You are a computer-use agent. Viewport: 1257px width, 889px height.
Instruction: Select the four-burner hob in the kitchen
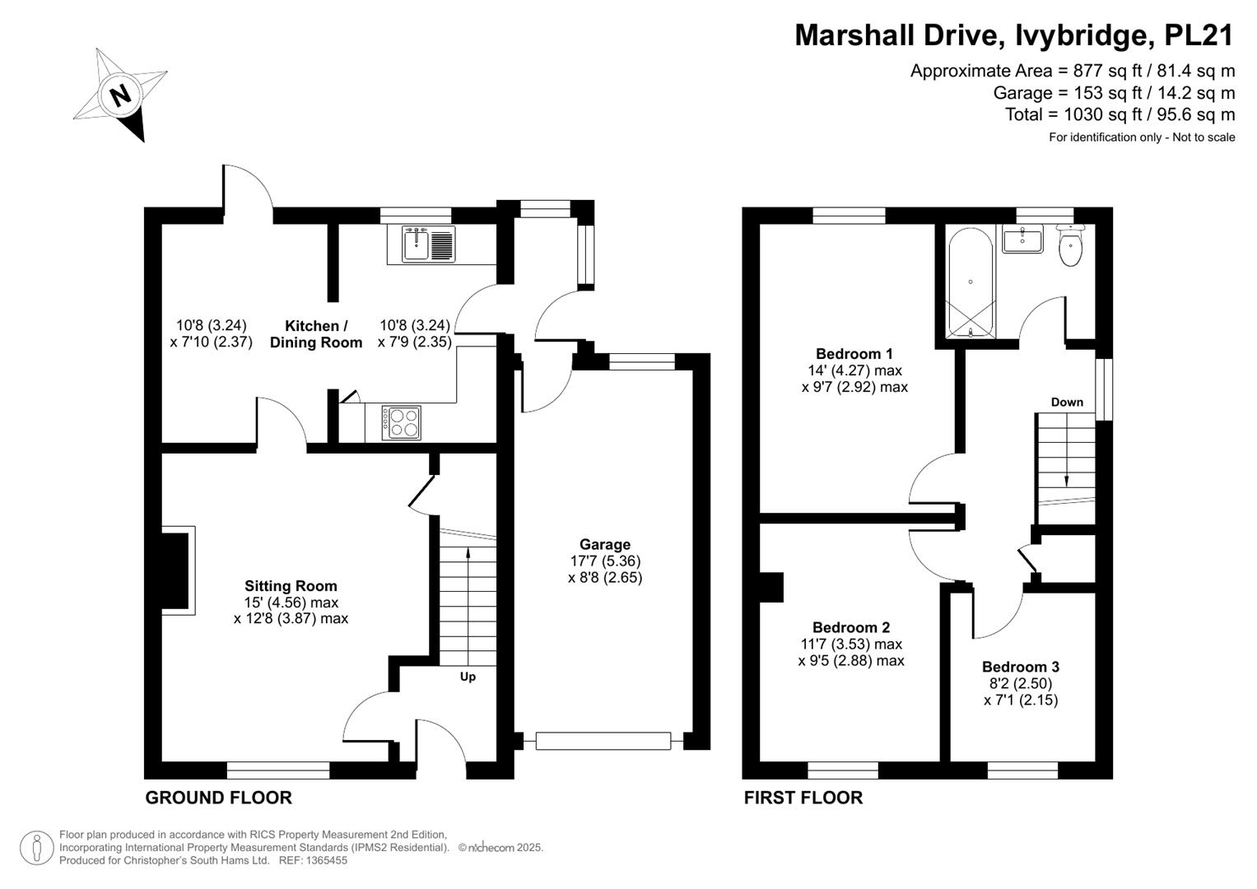[401, 422]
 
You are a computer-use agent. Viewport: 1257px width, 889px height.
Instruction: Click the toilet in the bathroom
[1071, 245]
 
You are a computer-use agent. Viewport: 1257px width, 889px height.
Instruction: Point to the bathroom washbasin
[1022, 239]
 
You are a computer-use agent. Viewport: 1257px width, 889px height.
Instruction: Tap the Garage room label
[605, 544]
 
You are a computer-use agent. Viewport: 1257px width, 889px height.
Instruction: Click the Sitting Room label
[291, 586]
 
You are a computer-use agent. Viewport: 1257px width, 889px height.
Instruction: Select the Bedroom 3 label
[1021, 667]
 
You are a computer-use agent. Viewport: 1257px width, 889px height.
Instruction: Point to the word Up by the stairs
[468, 677]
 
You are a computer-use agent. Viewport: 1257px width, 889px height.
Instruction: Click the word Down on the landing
[1067, 402]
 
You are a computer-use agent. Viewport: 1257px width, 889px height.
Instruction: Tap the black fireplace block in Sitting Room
[175, 570]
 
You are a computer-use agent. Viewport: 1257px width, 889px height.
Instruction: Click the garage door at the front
[603, 741]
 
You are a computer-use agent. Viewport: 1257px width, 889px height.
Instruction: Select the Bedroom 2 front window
[843, 770]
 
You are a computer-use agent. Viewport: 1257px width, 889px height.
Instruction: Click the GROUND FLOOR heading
[219, 798]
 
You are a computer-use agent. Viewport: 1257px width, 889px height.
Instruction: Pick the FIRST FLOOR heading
[803, 798]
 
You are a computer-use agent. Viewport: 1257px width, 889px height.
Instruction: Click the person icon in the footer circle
[36, 848]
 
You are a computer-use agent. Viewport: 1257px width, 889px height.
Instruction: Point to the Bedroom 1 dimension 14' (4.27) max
[854, 370]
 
